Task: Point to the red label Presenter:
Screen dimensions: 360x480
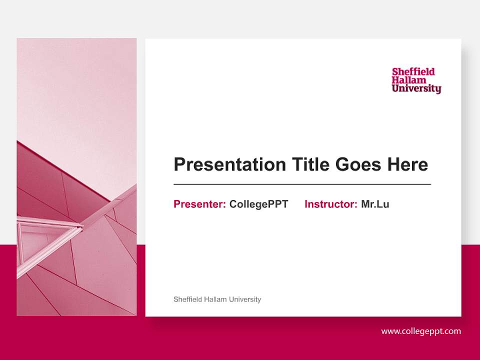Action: coord(199,204)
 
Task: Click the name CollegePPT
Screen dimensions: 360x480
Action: coord(258,204)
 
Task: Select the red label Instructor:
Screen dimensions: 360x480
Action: coord(330,204)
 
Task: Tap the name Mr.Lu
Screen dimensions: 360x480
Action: coord(375,204)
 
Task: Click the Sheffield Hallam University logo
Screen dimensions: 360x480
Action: coord(416,80)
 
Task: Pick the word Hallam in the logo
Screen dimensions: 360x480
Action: coord(409,80)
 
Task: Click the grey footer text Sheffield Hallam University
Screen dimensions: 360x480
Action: coord(217,299)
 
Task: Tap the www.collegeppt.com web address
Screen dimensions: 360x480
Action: coord(421,331)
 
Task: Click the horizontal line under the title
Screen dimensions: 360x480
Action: coord(302,184)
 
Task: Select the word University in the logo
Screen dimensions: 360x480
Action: coord(416,89)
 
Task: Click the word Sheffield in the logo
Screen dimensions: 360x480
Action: coord(413,71)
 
